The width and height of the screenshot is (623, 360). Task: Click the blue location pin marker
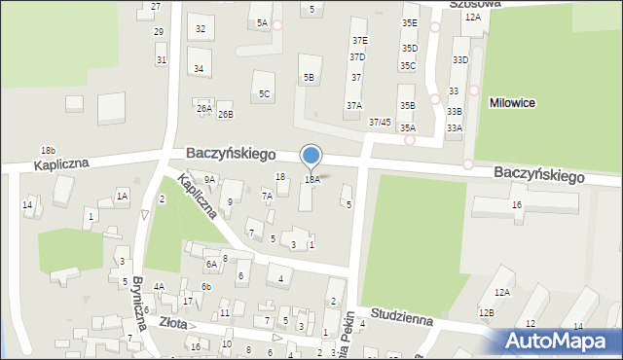pos(311,157)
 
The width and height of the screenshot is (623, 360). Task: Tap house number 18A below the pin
pos(311,180)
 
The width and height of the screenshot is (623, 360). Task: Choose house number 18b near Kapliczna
pos(48,150)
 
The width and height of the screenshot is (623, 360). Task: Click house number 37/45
pos(380,122)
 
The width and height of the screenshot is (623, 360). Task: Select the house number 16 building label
pos(517,204)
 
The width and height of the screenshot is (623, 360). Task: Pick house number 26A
pos(203,108)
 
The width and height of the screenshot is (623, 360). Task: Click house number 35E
pos(410,22)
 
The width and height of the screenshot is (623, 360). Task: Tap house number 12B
pos(486,312)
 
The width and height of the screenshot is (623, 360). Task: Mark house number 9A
pos(209,179)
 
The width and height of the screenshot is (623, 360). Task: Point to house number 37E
pos(359,40)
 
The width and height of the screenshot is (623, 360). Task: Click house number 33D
pos(459,60)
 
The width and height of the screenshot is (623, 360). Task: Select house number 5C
pos(264,93)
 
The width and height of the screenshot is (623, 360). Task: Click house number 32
pos(201,28)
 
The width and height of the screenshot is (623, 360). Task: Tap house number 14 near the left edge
pos(27,205)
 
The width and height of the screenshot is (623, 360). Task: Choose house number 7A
pos(267,196)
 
